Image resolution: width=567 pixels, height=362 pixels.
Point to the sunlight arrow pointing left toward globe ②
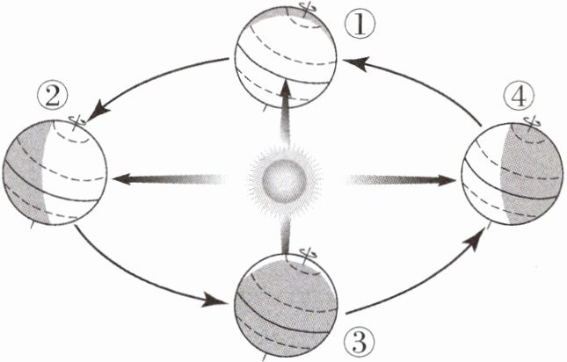tap(158, 179)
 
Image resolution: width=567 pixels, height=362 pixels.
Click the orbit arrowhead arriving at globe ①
tap(352, 61)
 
